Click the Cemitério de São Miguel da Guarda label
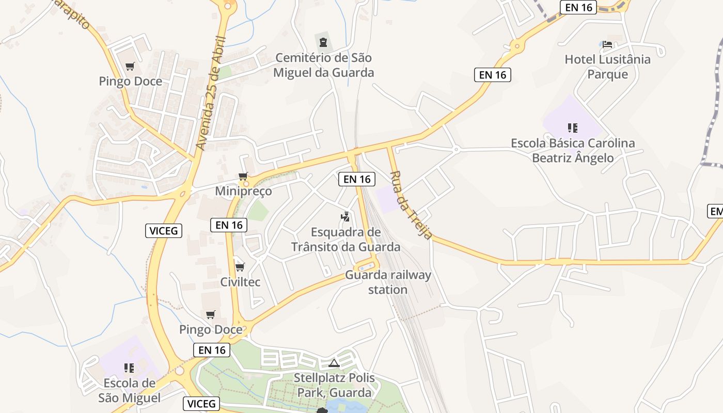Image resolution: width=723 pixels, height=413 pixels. [x=323, y=65]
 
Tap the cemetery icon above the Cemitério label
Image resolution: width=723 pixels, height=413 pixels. [x=323, y=42]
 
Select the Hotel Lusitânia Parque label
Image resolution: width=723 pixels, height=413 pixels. [x=607, y=67]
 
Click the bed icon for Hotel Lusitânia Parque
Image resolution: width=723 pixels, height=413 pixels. [x=607, y=44]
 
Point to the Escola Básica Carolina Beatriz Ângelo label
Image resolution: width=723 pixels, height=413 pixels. [x=573, y=150]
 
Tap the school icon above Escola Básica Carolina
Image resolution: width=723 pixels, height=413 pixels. [x=572, y=128]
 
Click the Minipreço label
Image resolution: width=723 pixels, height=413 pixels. [x=243, y=191]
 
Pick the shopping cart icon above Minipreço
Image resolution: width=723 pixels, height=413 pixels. [x=243, y=177]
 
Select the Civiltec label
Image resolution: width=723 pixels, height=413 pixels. [x=240, y=282]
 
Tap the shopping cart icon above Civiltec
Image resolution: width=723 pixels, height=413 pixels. [x=240, y=267]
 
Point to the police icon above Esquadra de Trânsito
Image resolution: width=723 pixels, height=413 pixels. [x=345, y=217]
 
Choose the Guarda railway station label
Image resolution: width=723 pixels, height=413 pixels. [x=388, y=282]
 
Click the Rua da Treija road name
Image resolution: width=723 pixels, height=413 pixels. [x=411, y=205]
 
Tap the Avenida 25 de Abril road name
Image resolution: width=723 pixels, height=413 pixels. [x=212, y=93]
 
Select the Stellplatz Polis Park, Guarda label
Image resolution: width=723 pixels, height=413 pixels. [x=334, y=385]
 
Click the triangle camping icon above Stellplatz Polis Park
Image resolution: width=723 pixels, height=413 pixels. [x=334, y=363]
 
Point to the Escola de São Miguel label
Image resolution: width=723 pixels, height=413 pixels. [x=129, y=390]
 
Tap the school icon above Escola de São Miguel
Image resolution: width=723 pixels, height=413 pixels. [x=129, y=368]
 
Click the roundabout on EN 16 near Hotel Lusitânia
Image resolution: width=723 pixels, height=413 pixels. [x=516, y=46]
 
